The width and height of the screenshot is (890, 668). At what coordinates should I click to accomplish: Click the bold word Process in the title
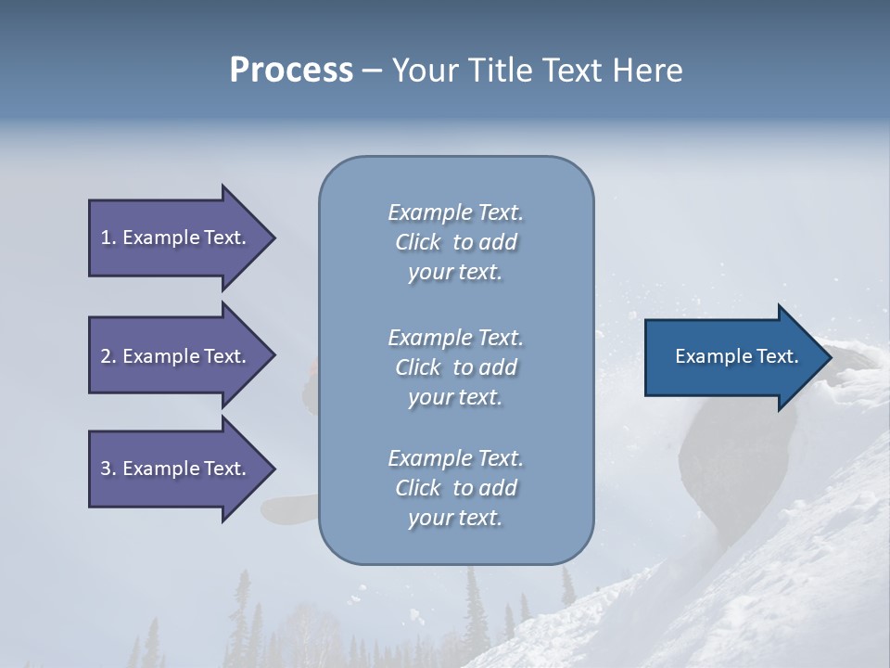pos(291,71)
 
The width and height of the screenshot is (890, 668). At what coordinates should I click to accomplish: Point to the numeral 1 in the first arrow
pos(106,238)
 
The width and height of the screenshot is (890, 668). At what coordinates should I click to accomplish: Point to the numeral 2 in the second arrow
pos(106,356)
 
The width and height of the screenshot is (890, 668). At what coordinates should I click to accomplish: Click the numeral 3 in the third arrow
pos(106,469)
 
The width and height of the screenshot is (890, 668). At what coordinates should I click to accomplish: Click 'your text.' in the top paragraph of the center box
pos(455,273)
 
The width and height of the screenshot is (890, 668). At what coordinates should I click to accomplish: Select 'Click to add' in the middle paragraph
pos(455,367)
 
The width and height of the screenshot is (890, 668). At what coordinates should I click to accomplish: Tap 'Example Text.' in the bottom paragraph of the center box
pos(455,458)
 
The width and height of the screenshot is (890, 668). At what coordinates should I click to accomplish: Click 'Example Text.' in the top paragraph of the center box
pos(455,212)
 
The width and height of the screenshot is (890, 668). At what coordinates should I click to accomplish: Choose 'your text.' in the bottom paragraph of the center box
pos(455,518)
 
